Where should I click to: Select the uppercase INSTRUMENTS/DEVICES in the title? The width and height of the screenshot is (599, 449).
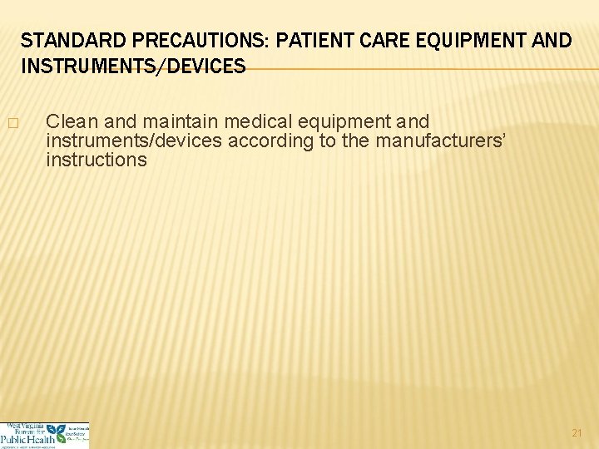click(x=133, y=66)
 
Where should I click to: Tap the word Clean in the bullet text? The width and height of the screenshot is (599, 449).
click(x=72, y=122)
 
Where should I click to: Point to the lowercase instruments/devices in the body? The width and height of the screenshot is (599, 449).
click(x=134, y=141)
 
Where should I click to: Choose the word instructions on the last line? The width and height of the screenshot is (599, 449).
click(x=97, y=159)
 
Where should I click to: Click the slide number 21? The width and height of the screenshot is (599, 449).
click(x=577, y=432)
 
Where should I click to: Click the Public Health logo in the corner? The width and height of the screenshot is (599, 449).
click(x=44, y=435)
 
